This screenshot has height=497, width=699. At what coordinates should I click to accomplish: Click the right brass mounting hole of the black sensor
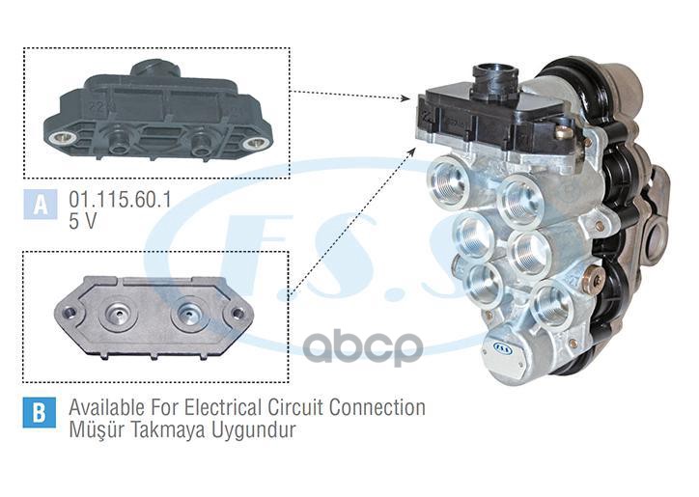click(255, 143)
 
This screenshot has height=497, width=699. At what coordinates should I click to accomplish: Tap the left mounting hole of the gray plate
click(70, 313)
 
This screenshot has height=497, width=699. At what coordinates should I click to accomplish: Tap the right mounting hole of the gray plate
click(235, 314)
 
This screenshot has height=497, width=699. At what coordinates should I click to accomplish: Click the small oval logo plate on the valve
click(503, 345)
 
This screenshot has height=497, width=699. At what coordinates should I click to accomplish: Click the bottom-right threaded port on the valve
click(553, 303)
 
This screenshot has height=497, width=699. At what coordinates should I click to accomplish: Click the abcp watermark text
click(364, 346)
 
